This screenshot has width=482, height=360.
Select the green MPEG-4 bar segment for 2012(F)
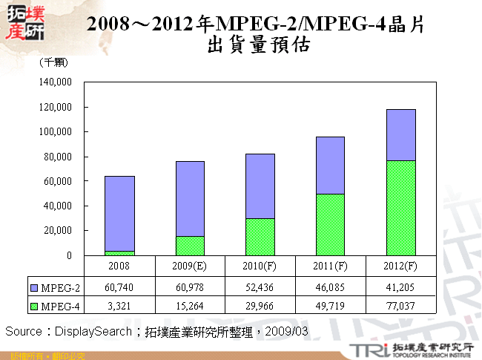[401, 208]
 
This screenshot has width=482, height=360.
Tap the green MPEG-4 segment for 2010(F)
[260, 237]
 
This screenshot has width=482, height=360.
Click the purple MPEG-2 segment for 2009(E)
[190, 198]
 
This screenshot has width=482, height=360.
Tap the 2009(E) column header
[190, 265]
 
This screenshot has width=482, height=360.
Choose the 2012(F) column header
[401, 265]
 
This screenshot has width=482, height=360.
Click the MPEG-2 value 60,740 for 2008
[119, 287]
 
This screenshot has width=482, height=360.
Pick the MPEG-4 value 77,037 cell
[401, 304]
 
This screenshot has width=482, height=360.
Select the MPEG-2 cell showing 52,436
[260, 287]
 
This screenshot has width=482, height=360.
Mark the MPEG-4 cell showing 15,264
[190, 304]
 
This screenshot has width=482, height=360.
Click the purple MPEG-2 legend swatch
[35, 287]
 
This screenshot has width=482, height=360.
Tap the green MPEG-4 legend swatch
[35, 304]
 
